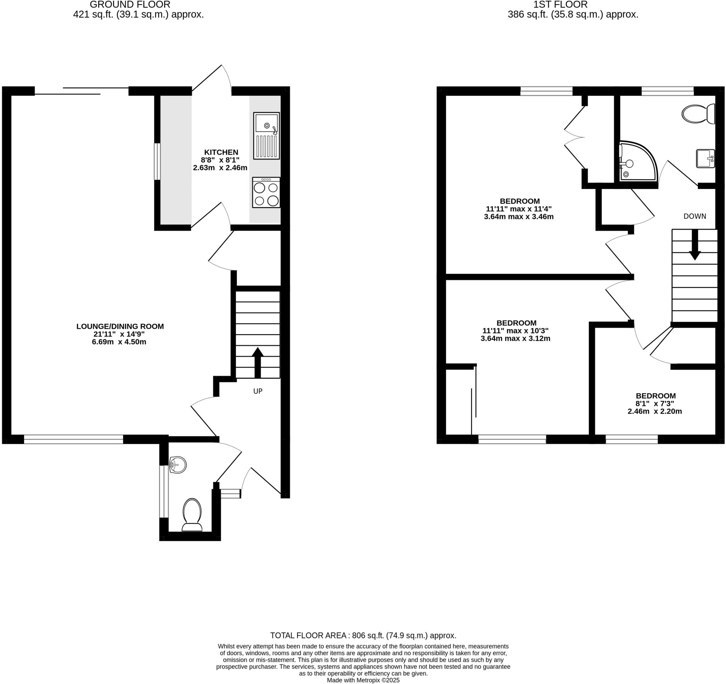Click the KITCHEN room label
tap(221, 152)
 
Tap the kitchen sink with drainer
tap(266, 135)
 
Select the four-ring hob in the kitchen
tap(266, 192)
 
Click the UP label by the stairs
tap(258, 391)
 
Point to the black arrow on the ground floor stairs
tap(257, 362)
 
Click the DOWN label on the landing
tap(694, 216)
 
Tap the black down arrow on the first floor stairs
tap(694, 245)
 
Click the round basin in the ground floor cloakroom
tap(178, 465)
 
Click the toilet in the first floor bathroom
tap(698, 113)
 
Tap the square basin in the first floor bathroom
tap(705, 158)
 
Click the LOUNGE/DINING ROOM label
tap(120, 326)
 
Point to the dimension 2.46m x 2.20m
tap(655, 411)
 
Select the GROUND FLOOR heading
tap(130, 5)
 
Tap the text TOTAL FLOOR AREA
tap(308, 635)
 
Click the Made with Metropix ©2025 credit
tap(363, 680)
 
